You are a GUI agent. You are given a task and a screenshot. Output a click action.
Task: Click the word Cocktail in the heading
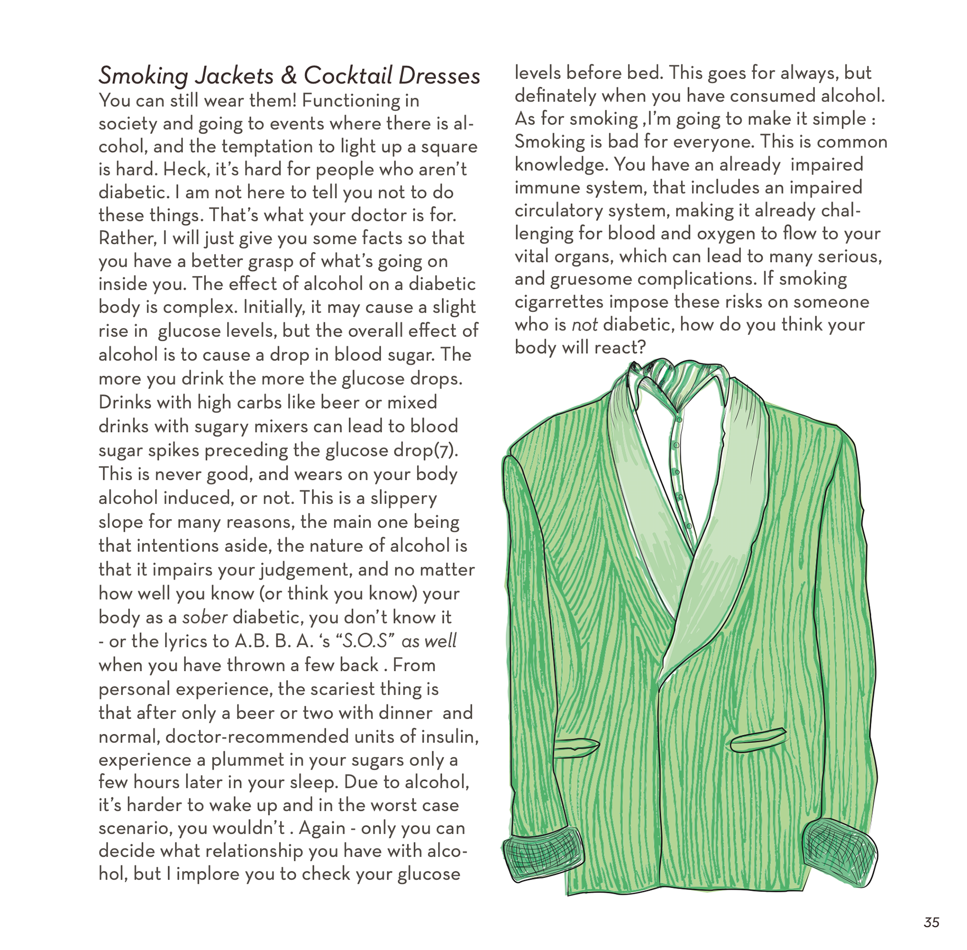(x=348, y=76)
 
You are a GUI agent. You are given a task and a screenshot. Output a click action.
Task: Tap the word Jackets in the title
(x=234, y=76)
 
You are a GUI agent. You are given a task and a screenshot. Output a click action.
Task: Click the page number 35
(x=931, y=922)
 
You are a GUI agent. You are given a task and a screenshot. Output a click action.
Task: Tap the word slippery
(x=403, y=498)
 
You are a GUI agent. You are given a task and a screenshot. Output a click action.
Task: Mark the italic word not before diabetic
(x=584, y=325)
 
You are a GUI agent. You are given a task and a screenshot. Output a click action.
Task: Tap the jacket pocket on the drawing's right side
(x=758, y=740)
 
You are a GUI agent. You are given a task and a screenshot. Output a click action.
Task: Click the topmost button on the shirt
(x=679, y=419)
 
